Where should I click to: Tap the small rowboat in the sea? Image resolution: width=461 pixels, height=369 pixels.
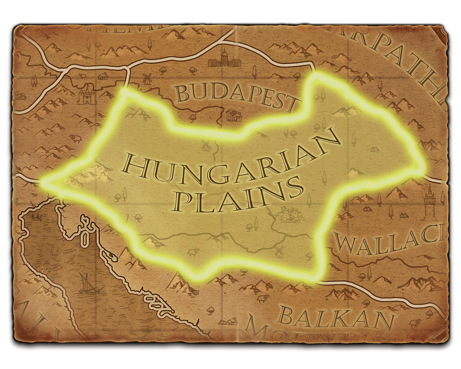point(38,218)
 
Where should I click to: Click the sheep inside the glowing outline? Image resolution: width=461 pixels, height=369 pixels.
point(193,252)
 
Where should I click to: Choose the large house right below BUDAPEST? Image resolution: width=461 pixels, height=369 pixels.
point(234,115)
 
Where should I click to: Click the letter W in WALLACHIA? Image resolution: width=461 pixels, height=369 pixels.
point(345,242)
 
